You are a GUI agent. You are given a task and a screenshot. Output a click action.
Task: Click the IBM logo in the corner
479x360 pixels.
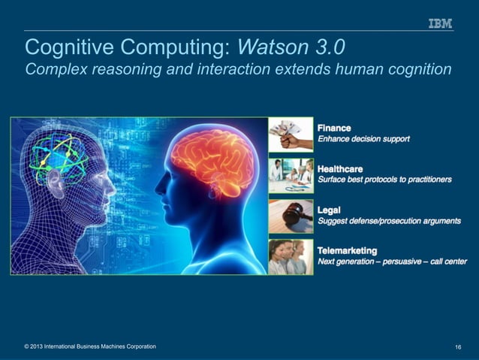(440, 24)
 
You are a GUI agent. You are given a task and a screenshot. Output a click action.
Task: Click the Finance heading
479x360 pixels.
(334, 129)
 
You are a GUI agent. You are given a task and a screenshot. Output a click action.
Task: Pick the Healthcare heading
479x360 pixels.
(340, 169)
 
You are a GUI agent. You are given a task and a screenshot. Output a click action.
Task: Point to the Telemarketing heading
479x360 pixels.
(348, 250)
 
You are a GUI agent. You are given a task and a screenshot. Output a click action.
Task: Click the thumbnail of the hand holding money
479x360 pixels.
(291, 135)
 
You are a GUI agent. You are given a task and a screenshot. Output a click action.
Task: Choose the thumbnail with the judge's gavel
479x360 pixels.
(291, 216)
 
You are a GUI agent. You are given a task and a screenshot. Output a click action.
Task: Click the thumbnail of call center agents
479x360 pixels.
(291, 257)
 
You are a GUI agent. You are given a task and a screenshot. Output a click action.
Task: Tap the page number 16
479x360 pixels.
(457, 346)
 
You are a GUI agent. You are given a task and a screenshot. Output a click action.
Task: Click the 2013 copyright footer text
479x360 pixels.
(90, 346)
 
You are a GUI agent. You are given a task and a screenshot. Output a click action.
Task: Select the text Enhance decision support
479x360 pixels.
(364, 139)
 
